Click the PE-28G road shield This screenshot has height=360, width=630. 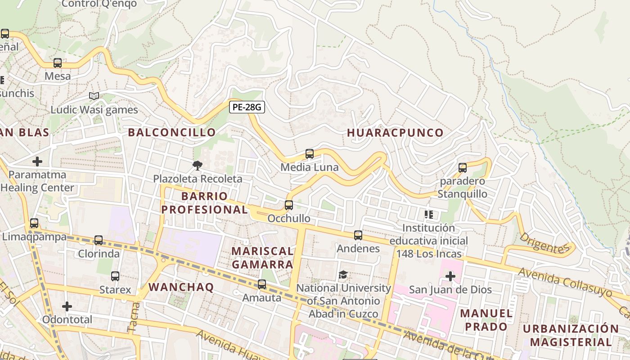pyautogui.click(x=247, y=107)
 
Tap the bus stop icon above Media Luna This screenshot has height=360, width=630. pyautogui.click(x=310, y=154)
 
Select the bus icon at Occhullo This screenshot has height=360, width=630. pyautogui.click(x=289, y=205)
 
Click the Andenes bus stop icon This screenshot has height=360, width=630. pyautogui.click(x=358, y=235)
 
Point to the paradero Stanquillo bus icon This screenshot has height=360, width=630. pyautogui.click(x=462, y=168)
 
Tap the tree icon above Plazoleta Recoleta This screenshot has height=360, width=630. pyautogui.click(x=197, y=166)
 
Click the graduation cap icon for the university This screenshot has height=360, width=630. pyautogui.click(x=343, y=274)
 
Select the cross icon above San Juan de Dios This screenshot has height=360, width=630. pyautogui.click(x=450, y=276)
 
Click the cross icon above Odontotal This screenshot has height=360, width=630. pyautogui.click(x=67, y=306)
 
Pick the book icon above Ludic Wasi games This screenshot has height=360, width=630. pyautogui.click(x=94, y=96)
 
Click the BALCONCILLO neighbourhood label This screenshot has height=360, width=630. pyautogui.click(x=172, y=132)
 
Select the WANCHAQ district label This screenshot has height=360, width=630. pyautogui.click(x=181, y=287)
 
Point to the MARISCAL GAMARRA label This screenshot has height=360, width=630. pyautogui.click(x=262, y=257)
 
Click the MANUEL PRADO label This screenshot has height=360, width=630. pyautogui.click(x=486, y=319)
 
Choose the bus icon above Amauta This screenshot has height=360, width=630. pyautogui.click(x=262, y=284)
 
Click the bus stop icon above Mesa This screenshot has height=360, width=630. pyautogui.click(x=58, y=63)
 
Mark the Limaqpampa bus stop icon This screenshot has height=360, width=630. pyautogui.click(x=34, y=223)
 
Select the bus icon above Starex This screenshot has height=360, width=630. pyautogui.click(x=115, y=276)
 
